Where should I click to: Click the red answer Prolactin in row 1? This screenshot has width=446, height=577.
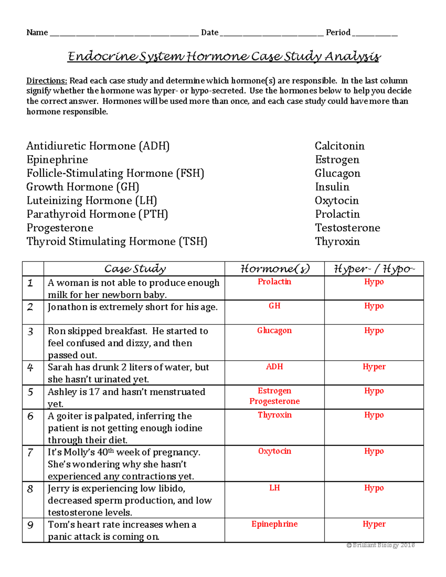click(x=274, y=282)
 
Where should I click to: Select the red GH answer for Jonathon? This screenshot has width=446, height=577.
click(x=274, y=306)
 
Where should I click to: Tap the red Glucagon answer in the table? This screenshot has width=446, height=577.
click(x=274, y=330)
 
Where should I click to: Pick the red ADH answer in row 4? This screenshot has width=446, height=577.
click(x=274, y=367)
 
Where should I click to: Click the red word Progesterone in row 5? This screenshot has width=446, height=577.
click(x=274, y=401)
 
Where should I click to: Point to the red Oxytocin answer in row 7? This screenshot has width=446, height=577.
click(x=274, y=451)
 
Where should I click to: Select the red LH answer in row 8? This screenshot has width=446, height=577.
click(x=274, y=488)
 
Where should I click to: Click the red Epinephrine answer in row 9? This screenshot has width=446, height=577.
click(x=274, y=524)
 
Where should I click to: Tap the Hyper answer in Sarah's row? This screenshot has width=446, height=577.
click(x=374, y=367)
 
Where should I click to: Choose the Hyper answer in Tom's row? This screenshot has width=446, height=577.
click(x=374, y=524)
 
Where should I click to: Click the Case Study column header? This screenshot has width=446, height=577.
click(x=135, y=269)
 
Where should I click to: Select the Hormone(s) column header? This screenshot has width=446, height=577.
click(x=275, y=269)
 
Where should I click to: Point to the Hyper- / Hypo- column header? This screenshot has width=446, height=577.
click(x=374, y=269)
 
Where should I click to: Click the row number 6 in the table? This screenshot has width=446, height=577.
click(x=30, y=416)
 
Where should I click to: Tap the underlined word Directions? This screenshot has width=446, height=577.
click(x=46, y=81)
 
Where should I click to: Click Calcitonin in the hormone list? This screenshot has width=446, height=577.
click(x=339, y=146)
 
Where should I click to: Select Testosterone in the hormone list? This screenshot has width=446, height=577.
click(x=348, y=227)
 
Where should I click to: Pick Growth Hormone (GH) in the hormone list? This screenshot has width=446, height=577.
click(x=83, y=187)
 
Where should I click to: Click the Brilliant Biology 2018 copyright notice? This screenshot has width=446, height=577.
click(x=380, y=545)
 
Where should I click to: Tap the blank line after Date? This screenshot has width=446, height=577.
click(x=271, y=33)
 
